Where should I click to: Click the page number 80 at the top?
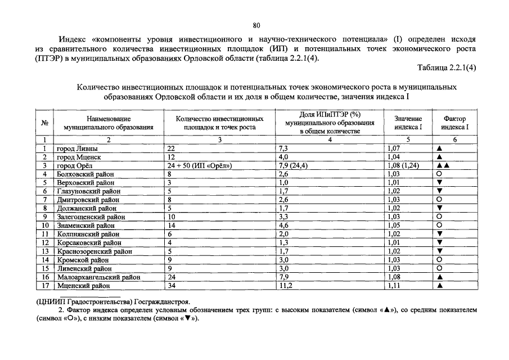256,25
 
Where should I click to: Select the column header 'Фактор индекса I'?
455,123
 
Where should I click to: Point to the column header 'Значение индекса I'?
408,123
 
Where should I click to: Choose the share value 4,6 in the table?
284,226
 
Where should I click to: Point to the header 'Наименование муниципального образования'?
109,123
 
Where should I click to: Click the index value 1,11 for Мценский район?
394,286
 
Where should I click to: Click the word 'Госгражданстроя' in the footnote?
164,302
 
